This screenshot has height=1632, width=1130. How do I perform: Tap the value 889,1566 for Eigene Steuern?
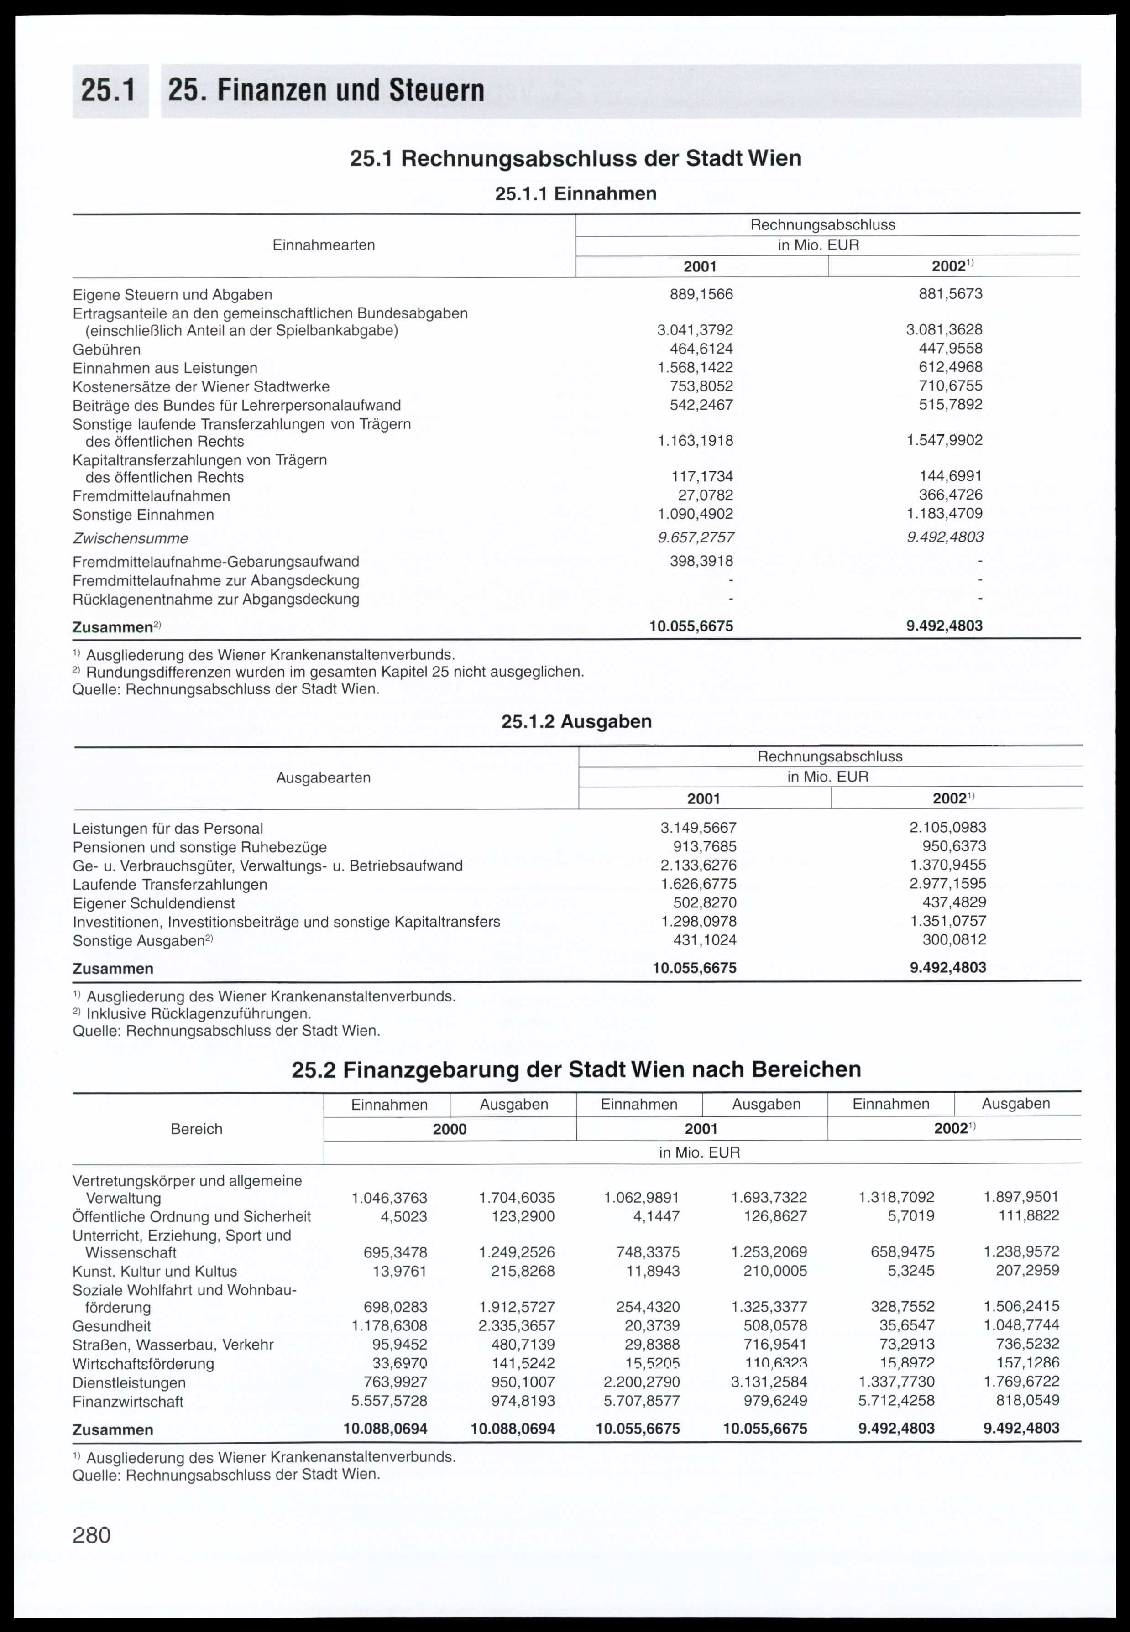[x=701, y=294]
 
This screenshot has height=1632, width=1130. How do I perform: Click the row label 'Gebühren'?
[x=107, y=349]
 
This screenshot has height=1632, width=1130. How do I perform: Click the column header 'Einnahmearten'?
[x=324, y=245]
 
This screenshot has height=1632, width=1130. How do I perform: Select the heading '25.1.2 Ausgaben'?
[x=576, y=722]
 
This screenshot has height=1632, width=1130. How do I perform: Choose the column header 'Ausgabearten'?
[x=324, y=778]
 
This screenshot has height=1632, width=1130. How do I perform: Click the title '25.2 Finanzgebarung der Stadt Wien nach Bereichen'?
[x=576, y=1069]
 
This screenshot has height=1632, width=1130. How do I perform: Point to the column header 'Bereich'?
[x=197, y=1130]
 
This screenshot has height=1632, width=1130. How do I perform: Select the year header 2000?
[x=450, y=1130]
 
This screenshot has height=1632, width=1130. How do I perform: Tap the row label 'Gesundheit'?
[x=112, y=1326]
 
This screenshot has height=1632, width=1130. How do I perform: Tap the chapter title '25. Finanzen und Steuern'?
[x=326, y=91]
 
